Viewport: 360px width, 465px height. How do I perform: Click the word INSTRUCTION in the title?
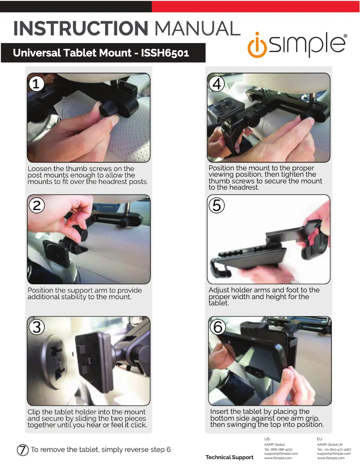[x=80, y=29]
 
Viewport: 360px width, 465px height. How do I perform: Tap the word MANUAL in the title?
[x=197, y=29]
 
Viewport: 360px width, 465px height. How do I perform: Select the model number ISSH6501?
[x=165, y=53]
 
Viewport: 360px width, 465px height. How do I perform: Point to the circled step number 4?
[x=217, y=84]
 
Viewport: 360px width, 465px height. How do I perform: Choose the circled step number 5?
[x=217, y=205]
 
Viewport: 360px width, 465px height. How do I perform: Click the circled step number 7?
[x=23, y=450]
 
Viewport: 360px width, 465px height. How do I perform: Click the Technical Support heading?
[x=229, y=457]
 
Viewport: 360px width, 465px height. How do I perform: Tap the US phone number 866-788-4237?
[x=281, y=449]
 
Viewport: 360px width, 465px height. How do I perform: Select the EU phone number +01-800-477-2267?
[x=337, y=449]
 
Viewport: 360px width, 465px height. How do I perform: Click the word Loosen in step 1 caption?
[x=40, y=169]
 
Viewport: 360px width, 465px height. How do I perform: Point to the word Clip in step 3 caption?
[x=34, y=412]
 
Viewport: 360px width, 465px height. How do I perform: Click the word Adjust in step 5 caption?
[x=219, y=290]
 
